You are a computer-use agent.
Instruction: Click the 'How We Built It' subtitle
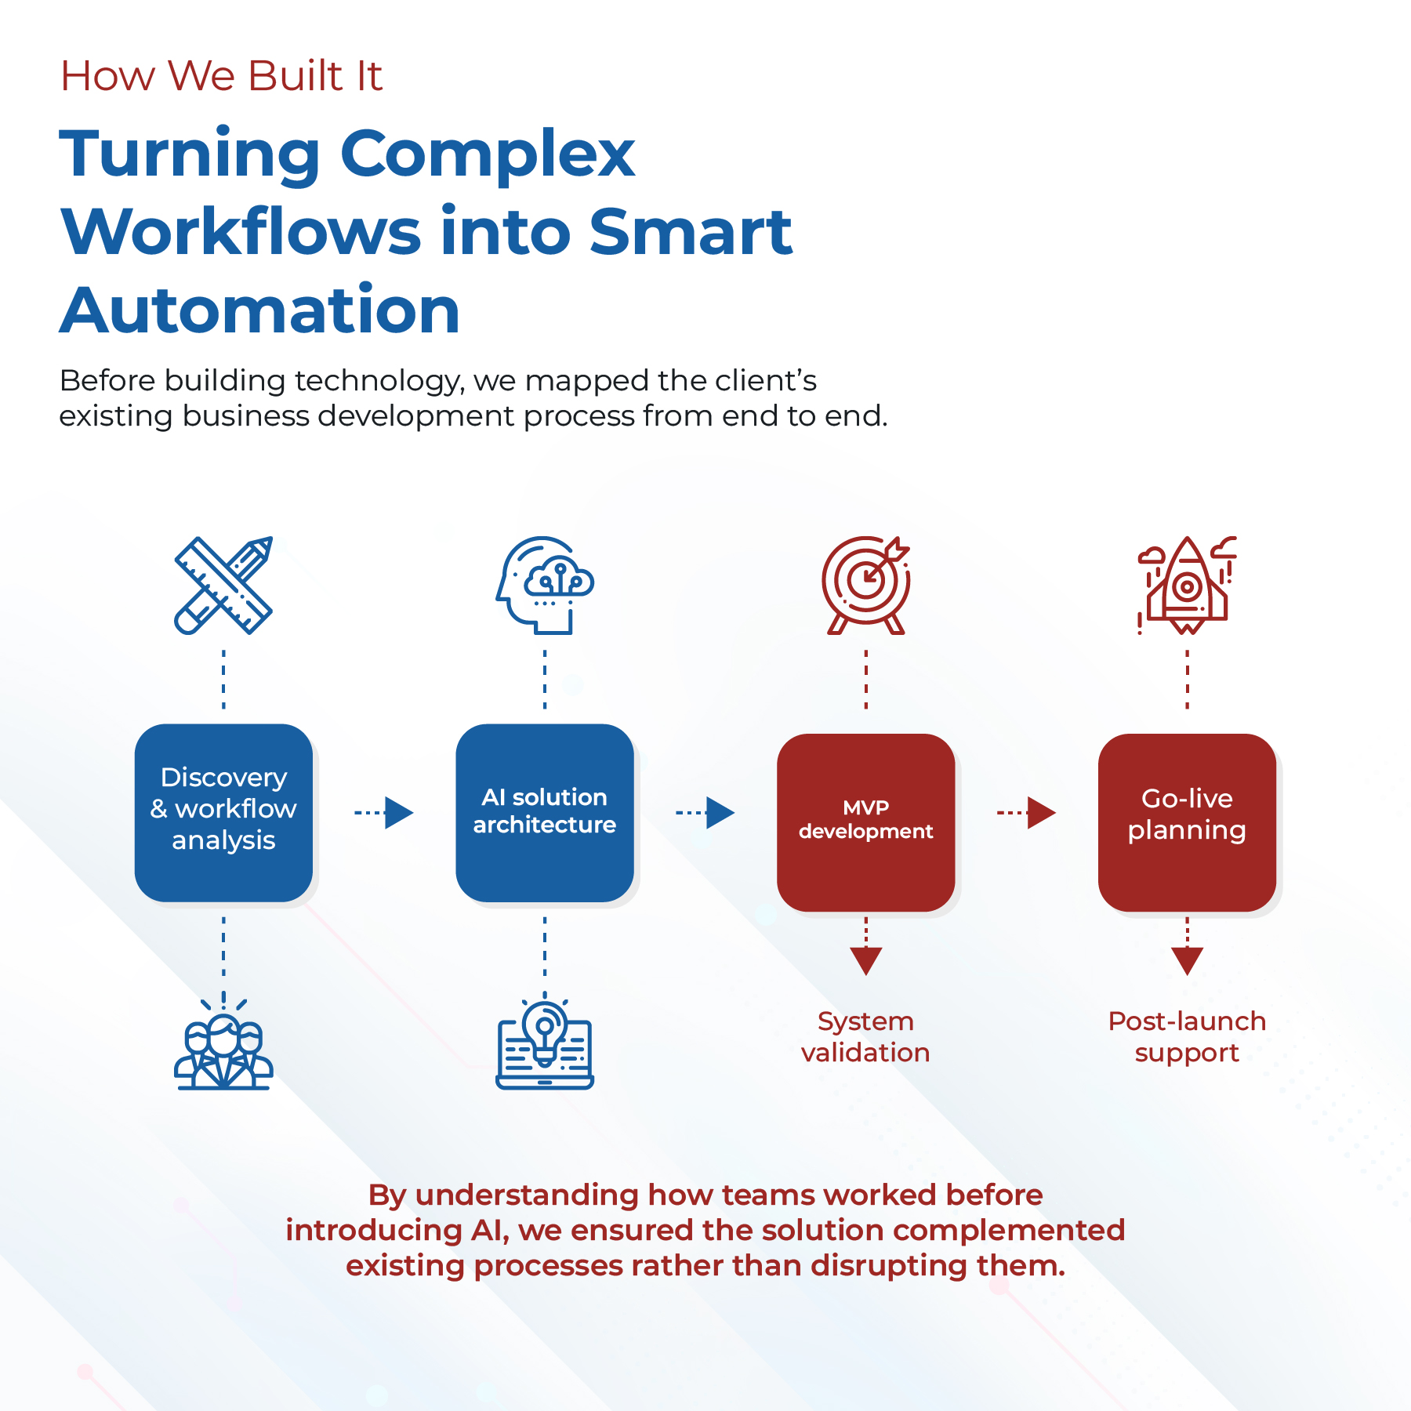click(221, 76)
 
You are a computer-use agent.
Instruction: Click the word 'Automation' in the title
click(259, 310)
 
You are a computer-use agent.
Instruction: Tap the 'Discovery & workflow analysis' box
click(223, 813)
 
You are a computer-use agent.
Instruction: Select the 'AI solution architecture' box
click(545, 813)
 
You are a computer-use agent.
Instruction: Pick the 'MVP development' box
click(866, 822)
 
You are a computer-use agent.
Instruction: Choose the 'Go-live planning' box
click(1188, 822)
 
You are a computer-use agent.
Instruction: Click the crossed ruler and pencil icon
click(223, 586)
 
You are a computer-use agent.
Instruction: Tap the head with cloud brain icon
click(545, 586)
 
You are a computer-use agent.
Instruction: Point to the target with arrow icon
click(866, 586)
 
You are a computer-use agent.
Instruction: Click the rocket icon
click(1188, 586)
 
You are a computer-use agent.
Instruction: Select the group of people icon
click(223, 1046)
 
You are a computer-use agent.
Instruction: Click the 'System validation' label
click(865, 1036)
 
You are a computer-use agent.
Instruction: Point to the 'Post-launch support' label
click(1187, 1036)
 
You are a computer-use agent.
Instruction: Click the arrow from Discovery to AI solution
click(384, 813)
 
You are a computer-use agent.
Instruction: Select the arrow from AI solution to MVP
click(705, 813)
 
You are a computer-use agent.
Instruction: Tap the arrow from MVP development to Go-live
click(1027, 813)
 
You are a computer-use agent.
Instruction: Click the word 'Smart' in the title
click(691, 232)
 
